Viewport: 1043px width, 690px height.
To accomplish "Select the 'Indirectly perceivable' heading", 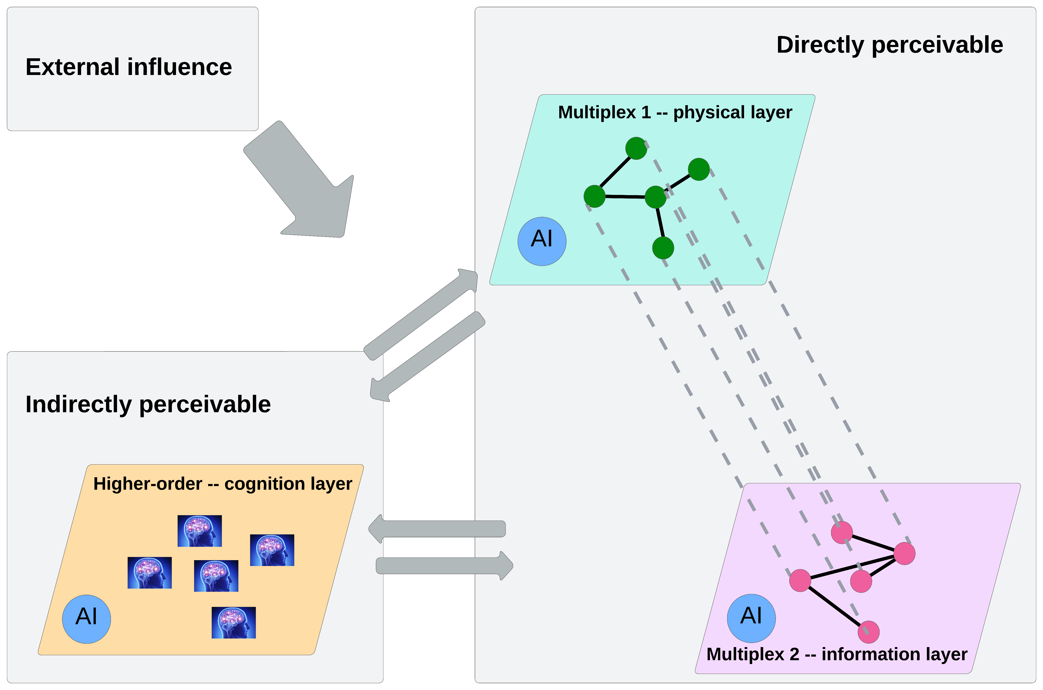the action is pos(148,405).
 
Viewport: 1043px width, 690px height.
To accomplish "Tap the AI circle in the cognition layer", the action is pos(86,619).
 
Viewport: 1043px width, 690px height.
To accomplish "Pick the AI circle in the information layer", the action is pos(751,618).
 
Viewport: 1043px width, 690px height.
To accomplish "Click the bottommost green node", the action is pos(663,248).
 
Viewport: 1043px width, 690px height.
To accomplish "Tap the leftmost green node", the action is pos(594,196).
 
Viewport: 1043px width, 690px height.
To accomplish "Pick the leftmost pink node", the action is pos(800,580).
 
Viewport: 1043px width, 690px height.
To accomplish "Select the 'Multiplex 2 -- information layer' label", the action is pos(836,654).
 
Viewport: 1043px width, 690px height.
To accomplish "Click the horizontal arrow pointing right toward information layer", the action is pos(444,566).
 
